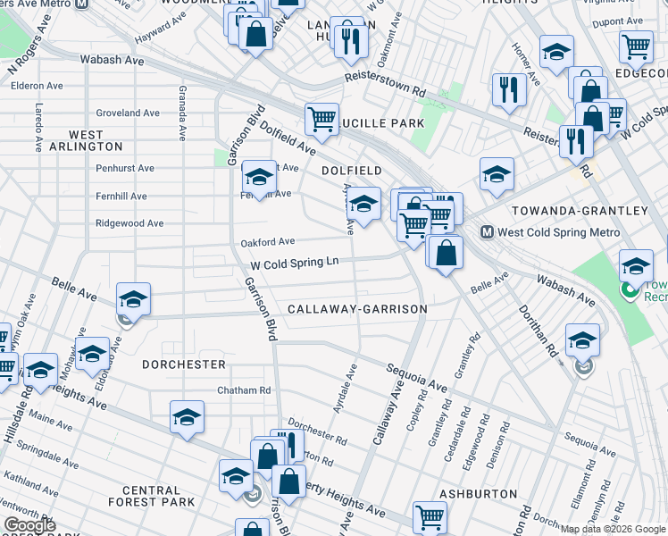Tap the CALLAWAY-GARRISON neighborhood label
357,309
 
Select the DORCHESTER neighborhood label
184,364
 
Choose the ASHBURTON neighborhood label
478,494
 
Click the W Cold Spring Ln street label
295,265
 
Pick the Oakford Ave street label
267,241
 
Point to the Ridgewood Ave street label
129,223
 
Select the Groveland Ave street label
128,113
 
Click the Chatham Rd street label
244,390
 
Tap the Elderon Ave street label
37,87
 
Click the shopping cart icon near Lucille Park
321,118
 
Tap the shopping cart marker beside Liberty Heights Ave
430,516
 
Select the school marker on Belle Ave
133,299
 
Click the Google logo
29,525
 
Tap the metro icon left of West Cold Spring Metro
488,232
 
